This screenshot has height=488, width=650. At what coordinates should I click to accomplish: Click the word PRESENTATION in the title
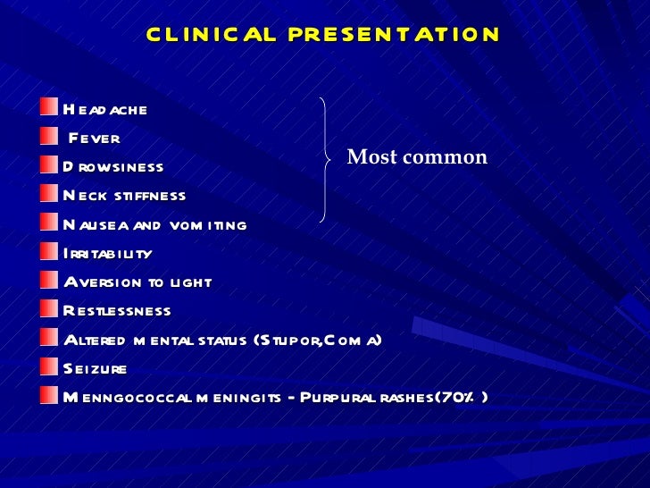pos(395,35)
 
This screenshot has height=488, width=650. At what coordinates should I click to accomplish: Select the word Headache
pos(105,110)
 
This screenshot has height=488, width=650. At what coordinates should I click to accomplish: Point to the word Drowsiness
pos(113,167)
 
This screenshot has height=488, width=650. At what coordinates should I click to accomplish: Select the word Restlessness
pos(117,311)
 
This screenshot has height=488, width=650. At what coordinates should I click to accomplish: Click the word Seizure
pos(96,368)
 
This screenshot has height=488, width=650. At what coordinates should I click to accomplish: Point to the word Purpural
pos(344,397)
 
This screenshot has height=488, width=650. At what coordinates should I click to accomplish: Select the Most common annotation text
pos(417,158)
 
